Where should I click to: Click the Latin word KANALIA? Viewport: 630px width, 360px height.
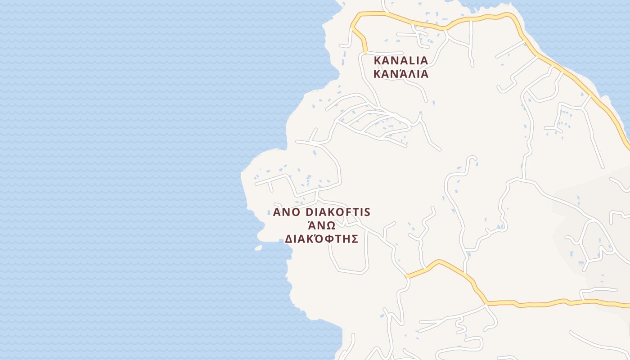[x=400, y=60]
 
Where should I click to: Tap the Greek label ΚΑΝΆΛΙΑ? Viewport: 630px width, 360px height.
[x=400, y=74]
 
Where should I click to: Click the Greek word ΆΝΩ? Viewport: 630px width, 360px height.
[x=321, y=225]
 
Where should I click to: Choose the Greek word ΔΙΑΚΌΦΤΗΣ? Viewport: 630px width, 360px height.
[x=321, y=238]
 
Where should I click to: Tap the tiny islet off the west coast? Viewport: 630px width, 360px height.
[x=258, y=247]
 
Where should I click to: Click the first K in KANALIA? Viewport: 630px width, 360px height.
[x=377, y=60]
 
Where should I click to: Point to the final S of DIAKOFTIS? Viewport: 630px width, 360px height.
[x=367, y=212]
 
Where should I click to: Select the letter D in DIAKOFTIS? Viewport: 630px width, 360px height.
[x=309, y=212]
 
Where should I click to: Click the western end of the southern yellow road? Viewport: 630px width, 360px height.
[x=407, y=276]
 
